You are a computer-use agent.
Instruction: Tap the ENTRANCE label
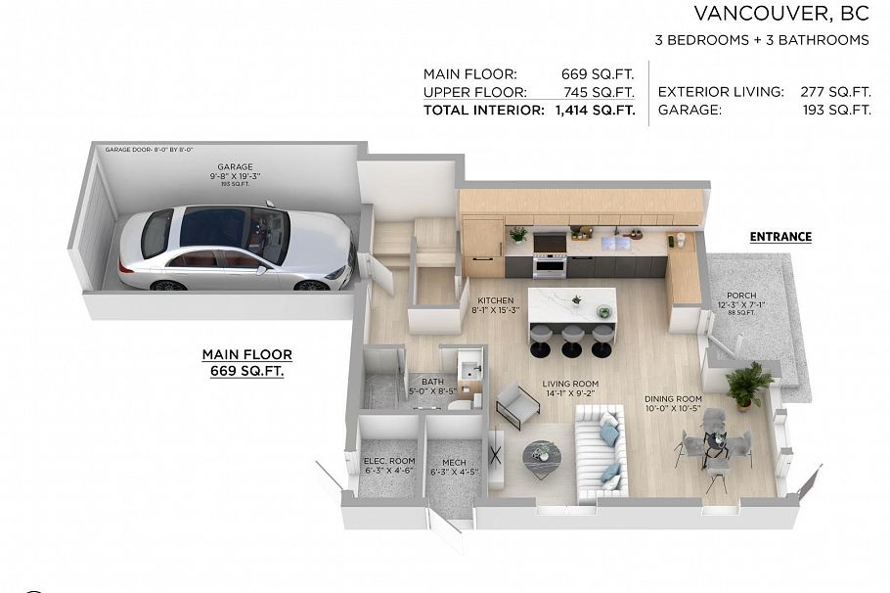(x=780, y=237)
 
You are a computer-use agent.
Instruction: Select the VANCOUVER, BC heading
(x=781, y=13)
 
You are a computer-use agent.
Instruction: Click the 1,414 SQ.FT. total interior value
(x=595, y=111)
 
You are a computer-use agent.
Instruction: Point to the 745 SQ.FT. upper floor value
(x=598, y=92)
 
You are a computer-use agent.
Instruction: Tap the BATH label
(x=431, y=384)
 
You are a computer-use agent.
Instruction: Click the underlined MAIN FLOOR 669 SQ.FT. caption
(x=246, y=363)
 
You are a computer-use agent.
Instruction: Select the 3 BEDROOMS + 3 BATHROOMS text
(x=762, y=40)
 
